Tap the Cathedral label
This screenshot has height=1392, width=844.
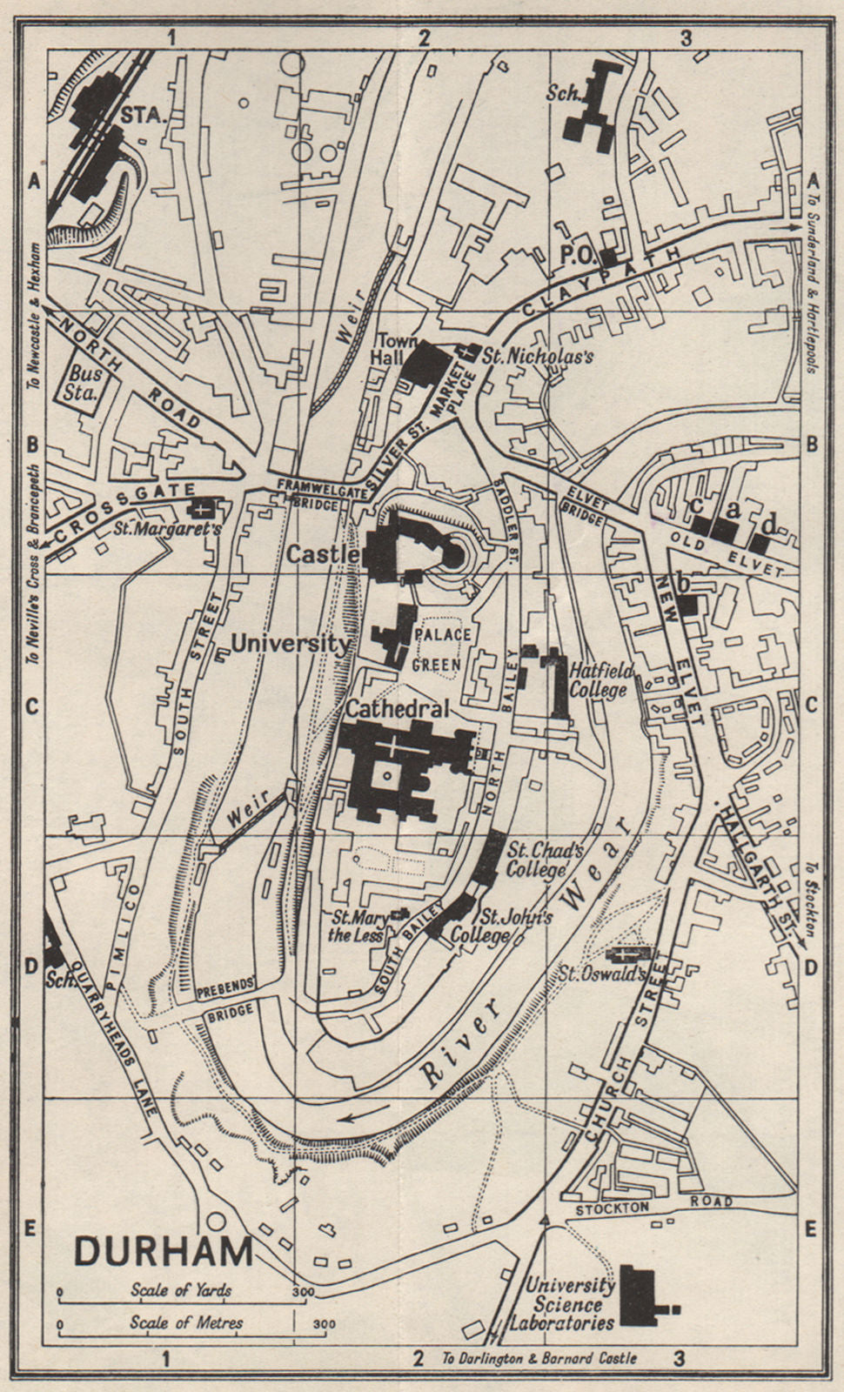pos(398,709)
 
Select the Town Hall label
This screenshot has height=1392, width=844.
pos(398,350)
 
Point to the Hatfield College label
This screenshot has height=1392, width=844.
pos(600,680)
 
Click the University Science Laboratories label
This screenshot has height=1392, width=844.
pos(570,1303)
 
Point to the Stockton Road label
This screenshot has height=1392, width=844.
pos(653,1205)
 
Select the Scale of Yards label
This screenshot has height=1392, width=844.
pos(182,1290)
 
